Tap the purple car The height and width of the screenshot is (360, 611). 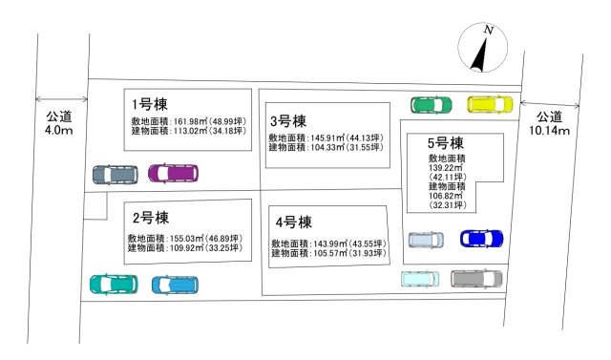tap(173, 174)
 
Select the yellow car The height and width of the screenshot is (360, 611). tap(491, 104)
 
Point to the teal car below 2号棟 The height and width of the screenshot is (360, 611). tap(113, 284)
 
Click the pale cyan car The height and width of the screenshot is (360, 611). tap(421, 279)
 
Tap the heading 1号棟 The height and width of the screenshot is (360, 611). tap(150, 102)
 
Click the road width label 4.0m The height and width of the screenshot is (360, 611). tap(59, 130)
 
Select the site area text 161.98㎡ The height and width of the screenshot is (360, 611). tap(191, 121)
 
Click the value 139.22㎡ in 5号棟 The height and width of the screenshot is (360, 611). tap(446, 166)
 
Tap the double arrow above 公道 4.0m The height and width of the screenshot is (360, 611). tap(59, 98)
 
